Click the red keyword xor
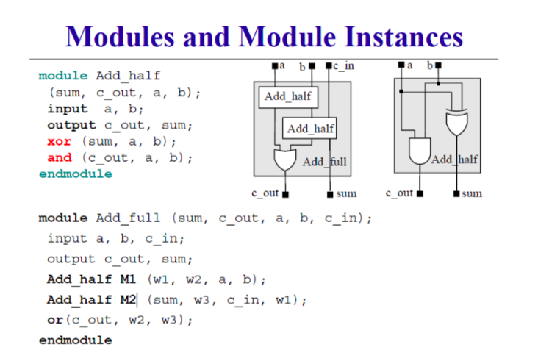coord(59,141)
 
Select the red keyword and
coord(60,157)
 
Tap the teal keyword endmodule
coord(76,174)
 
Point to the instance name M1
coord(128,279)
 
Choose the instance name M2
coord(128,299)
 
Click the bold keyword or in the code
coord(55,320)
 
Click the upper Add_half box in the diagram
coord(288,98)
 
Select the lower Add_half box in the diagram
coord(309,129)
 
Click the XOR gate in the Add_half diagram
coord(456,123)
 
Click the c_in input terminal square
coord(329,65)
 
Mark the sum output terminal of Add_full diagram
coord(330,195)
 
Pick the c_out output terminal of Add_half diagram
coord(420,194)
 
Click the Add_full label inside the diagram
coord(325,162)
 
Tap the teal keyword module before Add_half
coord(63,76)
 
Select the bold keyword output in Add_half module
coord(71,125)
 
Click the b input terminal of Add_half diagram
coord(438,65)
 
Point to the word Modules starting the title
coord(120,36)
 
